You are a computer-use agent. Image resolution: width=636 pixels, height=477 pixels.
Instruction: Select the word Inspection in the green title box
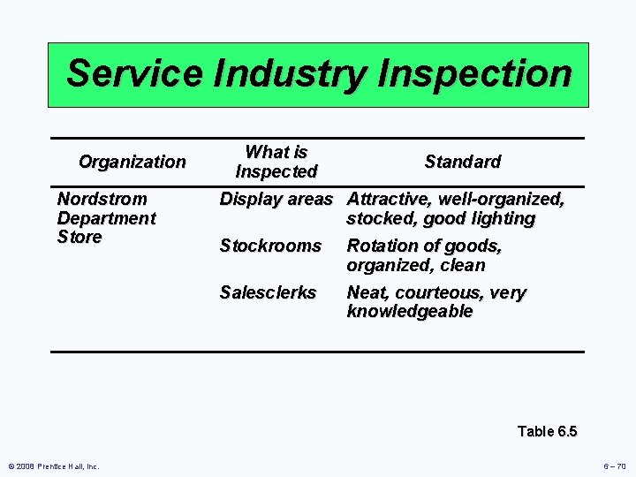[x=473, y=73]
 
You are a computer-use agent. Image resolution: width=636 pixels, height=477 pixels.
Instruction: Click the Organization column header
[x=132, y=162]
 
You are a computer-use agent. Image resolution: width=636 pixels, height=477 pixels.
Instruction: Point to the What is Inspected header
[x=276, y=162]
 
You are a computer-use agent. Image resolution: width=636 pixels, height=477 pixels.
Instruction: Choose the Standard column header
[x=462, y=162]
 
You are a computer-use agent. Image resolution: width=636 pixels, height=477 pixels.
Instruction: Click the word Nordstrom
[x=102, y=199]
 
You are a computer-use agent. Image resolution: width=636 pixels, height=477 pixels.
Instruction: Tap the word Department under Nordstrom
[x=106, y=218]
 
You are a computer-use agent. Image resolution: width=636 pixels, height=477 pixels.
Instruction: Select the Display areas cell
[x=276, y=199]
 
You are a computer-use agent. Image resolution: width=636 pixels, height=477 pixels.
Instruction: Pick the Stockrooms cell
[x=270, y=246]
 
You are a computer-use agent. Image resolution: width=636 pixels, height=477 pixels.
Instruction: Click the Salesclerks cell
[x=268, y=292]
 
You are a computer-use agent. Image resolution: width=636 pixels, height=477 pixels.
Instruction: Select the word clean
[x=463, y=265]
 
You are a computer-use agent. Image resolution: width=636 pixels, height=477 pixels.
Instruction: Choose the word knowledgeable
[x=410, y=312]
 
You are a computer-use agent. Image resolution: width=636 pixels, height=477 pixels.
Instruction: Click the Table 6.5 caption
[x=547, y=431]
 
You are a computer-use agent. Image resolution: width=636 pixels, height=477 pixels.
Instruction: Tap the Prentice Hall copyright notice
[x=54, y=466]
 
